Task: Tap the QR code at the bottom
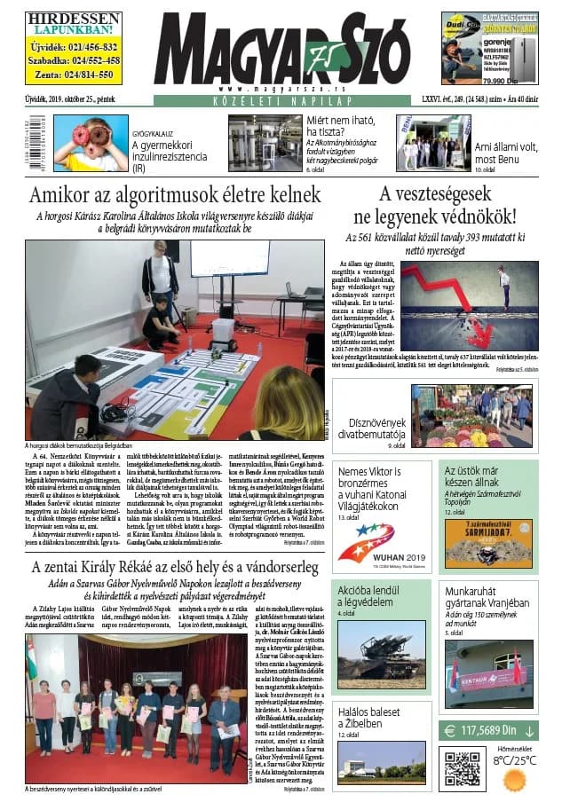pos(462,769)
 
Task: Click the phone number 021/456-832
pos(73,47)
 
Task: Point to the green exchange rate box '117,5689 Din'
pos(488,731)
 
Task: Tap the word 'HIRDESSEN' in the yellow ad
pos(60,19)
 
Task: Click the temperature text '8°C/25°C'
pos(515,760)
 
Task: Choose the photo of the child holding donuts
pos(91,144)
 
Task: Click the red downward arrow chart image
pos(469,304)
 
